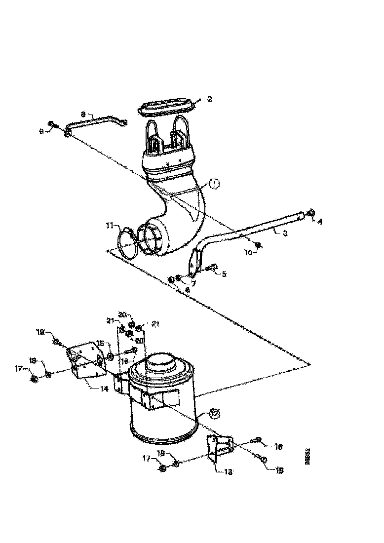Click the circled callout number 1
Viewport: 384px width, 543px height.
(x=214, y=184)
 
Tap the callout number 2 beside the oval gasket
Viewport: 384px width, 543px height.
(x=210, y=99)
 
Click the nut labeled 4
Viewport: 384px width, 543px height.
(x=310, y=213)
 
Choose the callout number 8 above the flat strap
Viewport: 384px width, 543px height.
(x=83, y=114)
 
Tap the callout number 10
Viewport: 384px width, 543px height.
(x=249, y=252)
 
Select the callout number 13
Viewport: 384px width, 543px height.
(x=228, y=471)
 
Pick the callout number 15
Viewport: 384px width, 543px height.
(x=100, y=343)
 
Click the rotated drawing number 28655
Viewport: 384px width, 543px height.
(x=307, y=457)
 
